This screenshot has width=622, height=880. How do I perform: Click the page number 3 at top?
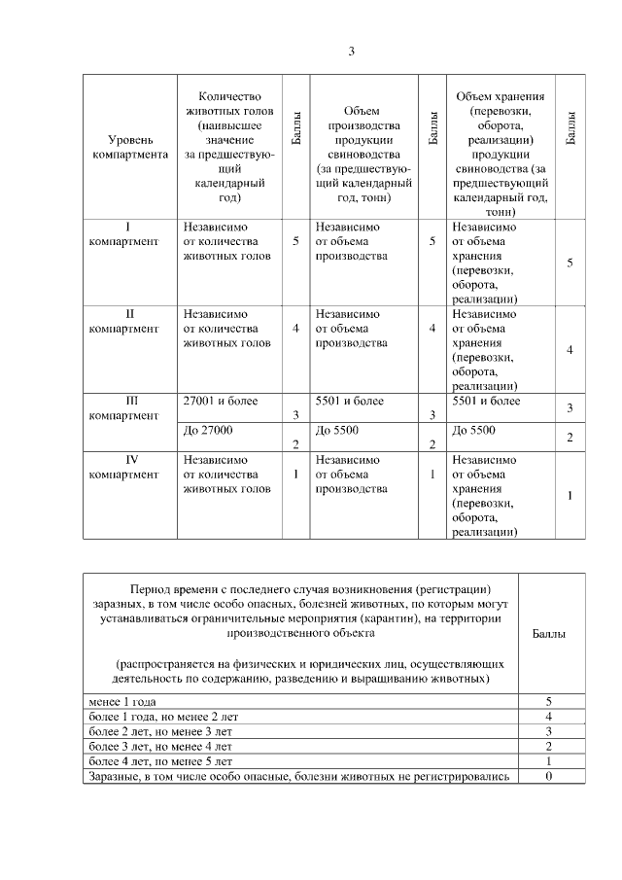(351, 51)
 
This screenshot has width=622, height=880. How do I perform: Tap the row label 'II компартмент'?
(123, 322)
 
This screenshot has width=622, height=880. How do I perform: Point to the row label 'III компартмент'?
(123, 408)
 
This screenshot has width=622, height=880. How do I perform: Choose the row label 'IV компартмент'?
(123, 468)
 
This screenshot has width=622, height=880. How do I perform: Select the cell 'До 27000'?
(207, 429)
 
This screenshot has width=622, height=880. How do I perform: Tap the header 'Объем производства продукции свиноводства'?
(361, 154)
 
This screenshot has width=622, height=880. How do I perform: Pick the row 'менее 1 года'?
(121, 701)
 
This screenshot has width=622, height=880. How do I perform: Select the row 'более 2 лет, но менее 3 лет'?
(160, 731)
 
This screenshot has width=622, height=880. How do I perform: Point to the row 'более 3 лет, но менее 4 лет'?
(160, 746)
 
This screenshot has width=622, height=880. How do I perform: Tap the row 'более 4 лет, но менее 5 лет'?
(160, 760)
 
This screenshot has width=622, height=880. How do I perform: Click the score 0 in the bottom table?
(549, 776)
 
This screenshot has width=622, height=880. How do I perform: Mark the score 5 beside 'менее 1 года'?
(549, 701)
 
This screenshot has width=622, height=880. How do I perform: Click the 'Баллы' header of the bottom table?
(550, 633)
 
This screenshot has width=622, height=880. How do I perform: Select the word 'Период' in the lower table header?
(152, 589)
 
